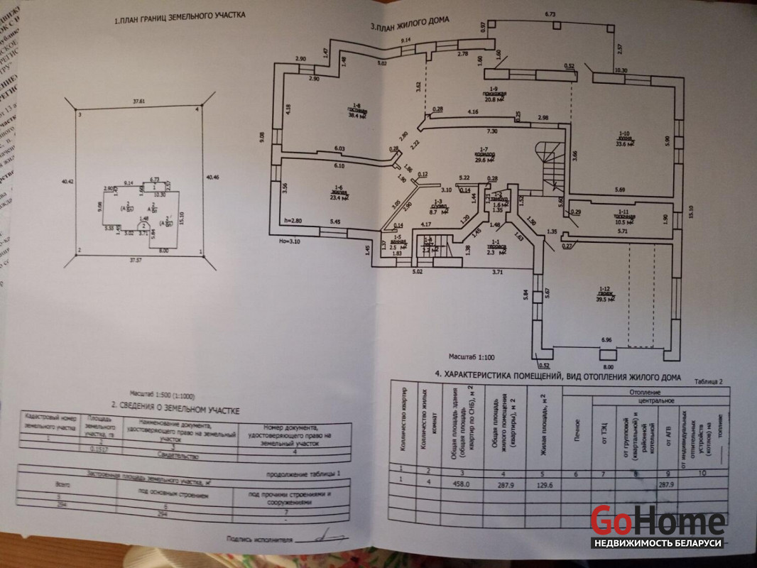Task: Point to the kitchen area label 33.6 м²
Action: (626, 143)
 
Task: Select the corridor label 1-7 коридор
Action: (484, 155)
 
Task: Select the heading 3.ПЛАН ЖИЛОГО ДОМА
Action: (410, 25)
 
